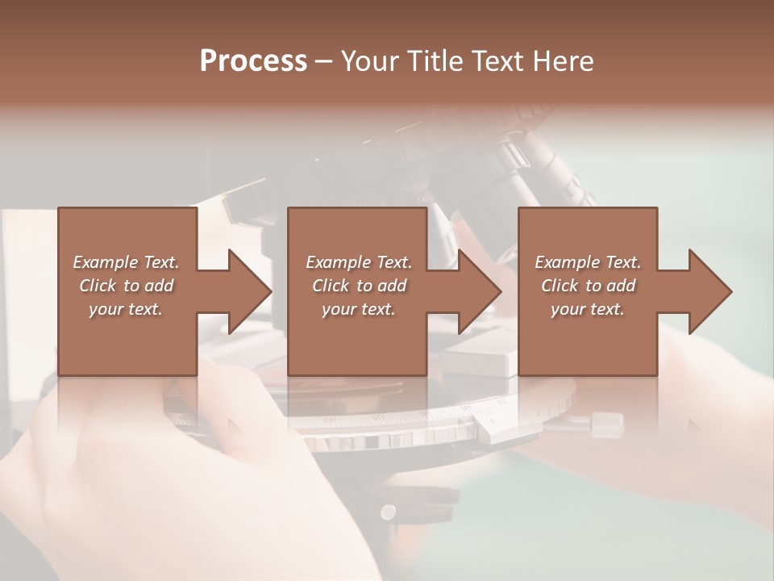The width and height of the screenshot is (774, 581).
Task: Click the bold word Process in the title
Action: click(253, 61)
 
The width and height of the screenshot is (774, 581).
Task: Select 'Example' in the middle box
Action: click(338, 262)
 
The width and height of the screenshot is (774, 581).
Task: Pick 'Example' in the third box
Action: click(567, 262)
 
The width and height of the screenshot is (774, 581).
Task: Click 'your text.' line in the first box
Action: click(126, 309)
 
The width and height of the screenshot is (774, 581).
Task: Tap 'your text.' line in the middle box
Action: click(358, 309)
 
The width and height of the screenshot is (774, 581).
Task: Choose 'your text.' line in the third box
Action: click(588, 309)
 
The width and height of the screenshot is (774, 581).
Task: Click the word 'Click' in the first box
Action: click(98, 286)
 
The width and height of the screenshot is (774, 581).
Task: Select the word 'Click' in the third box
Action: click(560, 286)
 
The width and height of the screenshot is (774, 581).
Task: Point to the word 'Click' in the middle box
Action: click(331, 286)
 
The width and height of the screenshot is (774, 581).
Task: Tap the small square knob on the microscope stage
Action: click(607, 421)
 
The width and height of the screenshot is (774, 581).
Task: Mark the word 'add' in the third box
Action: click(620, 286)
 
